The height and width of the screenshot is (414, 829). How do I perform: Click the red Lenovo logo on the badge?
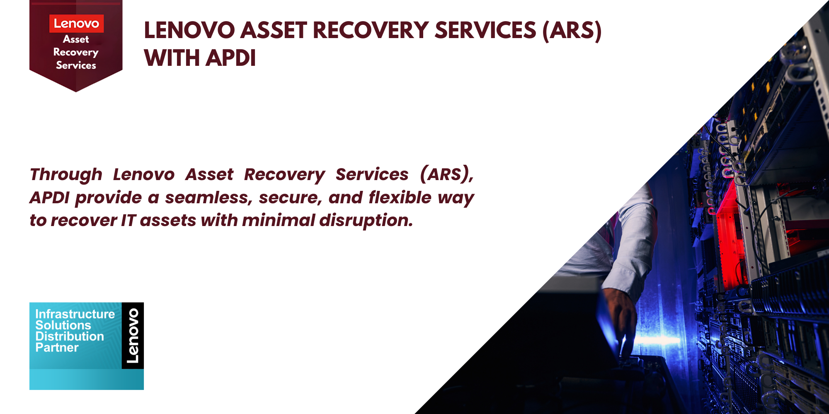pos(76,24)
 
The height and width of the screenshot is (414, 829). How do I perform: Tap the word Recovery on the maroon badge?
pos(76,52)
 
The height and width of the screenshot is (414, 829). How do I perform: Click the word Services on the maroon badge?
pos(76,65)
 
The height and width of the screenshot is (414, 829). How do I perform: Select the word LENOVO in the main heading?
pos(189,30)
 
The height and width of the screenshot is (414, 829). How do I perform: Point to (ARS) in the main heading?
pos(572,30)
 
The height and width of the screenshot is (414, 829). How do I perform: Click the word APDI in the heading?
pos(230,58)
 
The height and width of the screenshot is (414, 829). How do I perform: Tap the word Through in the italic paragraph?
pos(66,175)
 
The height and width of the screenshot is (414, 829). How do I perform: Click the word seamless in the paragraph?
pos(208,197)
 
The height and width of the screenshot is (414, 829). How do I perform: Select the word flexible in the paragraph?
pos(400,197)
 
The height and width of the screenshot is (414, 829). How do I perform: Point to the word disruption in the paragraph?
pos(366,221)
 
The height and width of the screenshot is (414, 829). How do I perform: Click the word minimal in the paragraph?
pos(279,220)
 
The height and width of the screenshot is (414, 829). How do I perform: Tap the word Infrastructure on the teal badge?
pos(75,314)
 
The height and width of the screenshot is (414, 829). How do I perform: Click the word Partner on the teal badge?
pos(57,347)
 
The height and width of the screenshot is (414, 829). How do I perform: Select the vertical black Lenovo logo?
pos(133,336)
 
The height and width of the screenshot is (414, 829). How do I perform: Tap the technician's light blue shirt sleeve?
pos(618,248)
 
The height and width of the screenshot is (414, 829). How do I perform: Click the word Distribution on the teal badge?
pos(70,336)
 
